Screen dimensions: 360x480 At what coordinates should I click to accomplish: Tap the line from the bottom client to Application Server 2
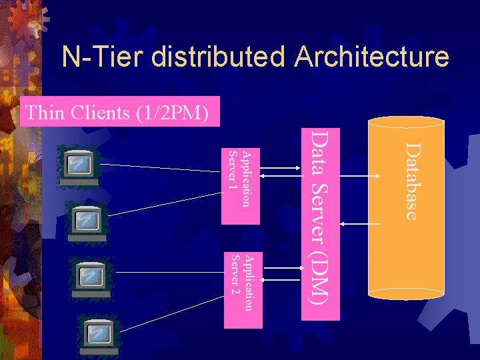click(x=173, y=317)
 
